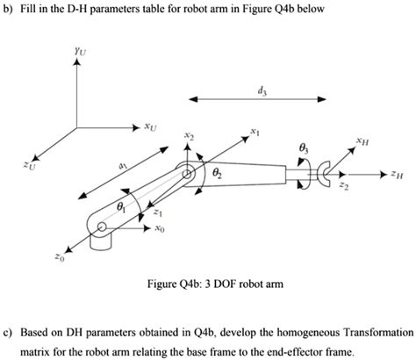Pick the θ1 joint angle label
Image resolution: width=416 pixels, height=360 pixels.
(121, 207)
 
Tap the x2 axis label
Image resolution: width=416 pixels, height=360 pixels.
(190, 137)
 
